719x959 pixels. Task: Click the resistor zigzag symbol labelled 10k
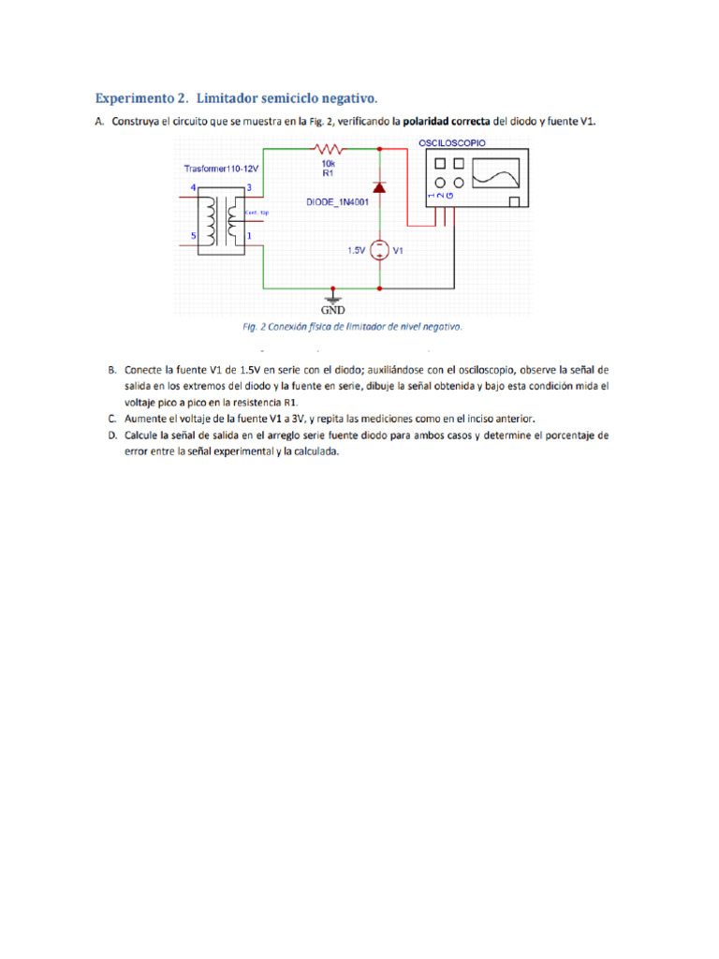tap(330, 148)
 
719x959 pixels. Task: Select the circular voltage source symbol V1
tap(379, 251)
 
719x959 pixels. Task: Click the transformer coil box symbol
tap(222, 221)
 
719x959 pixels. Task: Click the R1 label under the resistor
tap(329, 173)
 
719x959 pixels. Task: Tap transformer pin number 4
tap(194, 189)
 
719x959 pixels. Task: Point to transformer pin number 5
tap(194, 236)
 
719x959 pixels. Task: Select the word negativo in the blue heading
tap(347, 97)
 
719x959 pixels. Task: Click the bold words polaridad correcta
tap(446, 122)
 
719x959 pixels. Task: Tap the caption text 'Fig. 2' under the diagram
tap(255, 328)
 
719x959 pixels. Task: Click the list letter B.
tap(112, 369)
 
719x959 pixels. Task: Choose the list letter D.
tap(112, 435)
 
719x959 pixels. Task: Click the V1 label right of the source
tap(398, 251)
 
